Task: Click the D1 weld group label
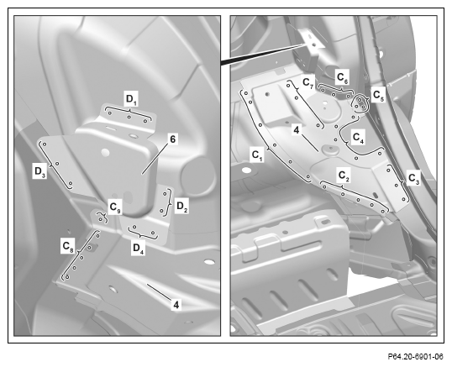[x=131, y=99]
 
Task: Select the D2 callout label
[x=182, y=207]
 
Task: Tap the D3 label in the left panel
[x=39, y=171]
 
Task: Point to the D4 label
[x=138, y=249]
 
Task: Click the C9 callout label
[x=115, y=207]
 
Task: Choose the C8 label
[x=68, y=247]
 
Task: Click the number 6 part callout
[x=172, y=139]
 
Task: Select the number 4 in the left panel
[x=176, y=305]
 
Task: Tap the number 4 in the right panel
[x=297, y=130]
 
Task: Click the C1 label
[x=257, y=155]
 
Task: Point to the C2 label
[x=344, y=176]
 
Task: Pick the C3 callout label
[x=413, y=179]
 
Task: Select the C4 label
[x=358, y=138]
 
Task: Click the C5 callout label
[x=378, y=96]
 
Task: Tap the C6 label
[x=343, y=78]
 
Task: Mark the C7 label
[x=307, y=83]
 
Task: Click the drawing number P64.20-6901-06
[x=415, y=357]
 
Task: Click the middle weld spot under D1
[x=129, y=117]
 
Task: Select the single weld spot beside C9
[x=100, y=220]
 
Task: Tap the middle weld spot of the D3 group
[x=57, y=164]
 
